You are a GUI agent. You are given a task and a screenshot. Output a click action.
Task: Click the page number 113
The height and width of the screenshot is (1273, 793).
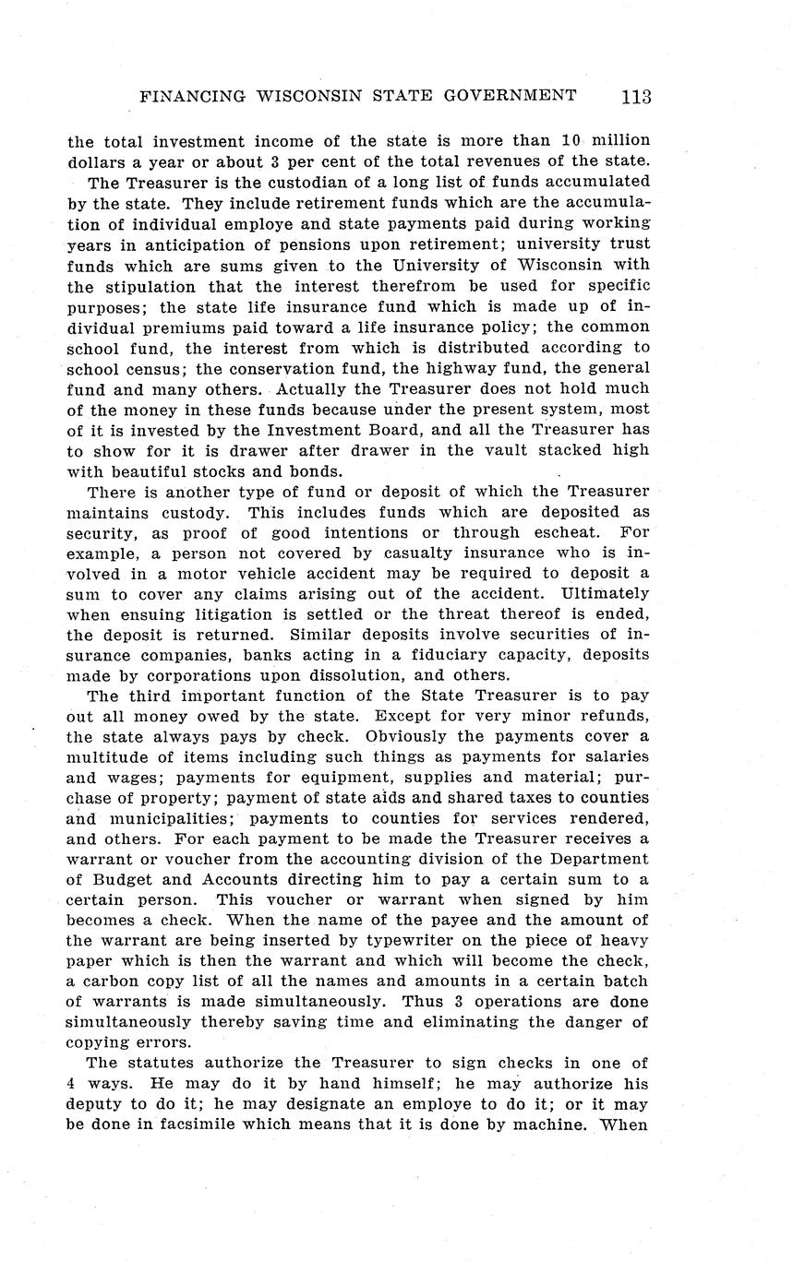pyautogui.click(x=636, y=97)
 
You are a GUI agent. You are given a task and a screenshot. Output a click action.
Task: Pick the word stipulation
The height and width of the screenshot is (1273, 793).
pyautogui.click(x=153, y=285)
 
